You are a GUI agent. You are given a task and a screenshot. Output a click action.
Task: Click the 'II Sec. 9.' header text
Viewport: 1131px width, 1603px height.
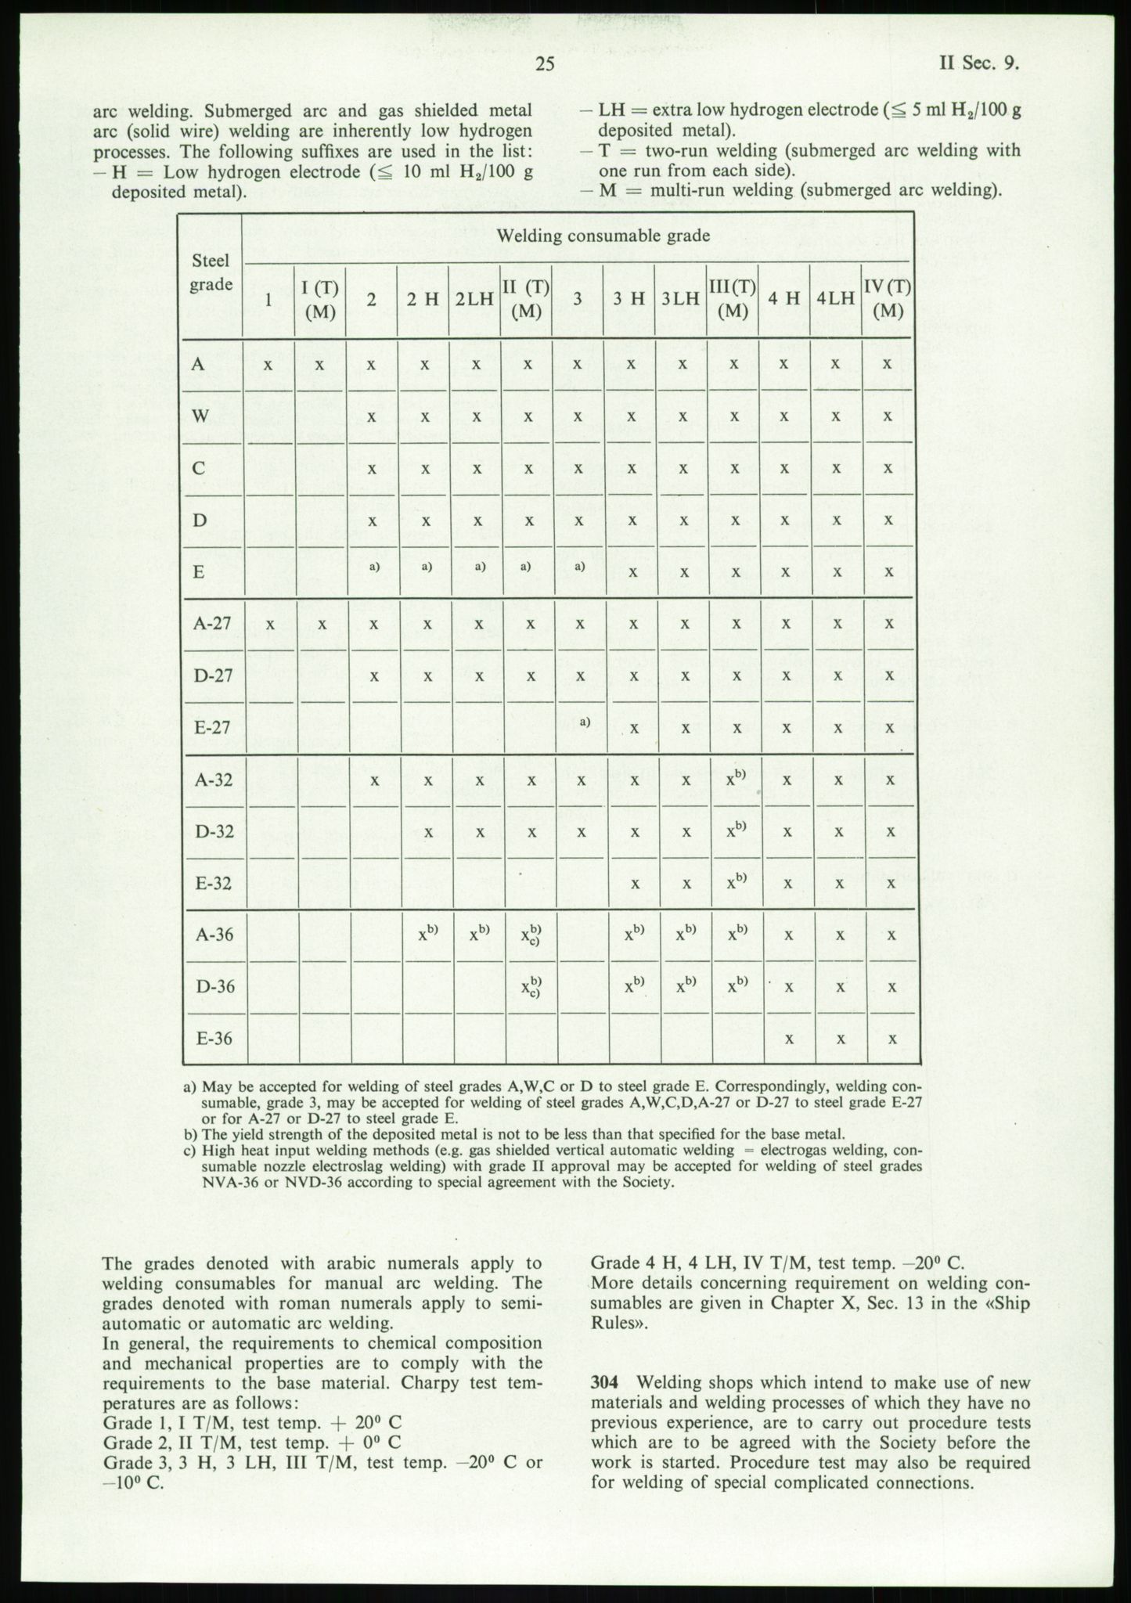point(978,64)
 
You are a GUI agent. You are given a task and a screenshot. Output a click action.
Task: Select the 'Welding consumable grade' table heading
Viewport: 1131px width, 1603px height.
point(603,236)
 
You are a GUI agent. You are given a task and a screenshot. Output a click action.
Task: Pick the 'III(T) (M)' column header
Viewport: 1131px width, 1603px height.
point(733,298)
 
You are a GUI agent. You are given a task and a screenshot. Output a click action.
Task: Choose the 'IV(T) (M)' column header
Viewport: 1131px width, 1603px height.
point(887,298)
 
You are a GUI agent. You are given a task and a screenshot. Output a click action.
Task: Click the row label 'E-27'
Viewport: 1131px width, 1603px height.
point(212,728)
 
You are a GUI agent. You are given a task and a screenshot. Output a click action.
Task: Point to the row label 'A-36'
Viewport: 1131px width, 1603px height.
point(214,935)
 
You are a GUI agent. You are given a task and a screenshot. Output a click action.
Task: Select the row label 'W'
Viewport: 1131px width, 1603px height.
point(200,416)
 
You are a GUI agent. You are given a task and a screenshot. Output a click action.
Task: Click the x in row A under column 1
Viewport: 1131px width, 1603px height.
point(268,365)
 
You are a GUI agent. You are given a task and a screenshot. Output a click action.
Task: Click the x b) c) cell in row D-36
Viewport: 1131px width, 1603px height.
point(531,986)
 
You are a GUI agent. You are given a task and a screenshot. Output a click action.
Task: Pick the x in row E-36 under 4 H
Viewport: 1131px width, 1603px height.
point(789,1039)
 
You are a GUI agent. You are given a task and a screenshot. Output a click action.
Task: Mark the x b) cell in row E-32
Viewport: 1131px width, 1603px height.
point(735,882)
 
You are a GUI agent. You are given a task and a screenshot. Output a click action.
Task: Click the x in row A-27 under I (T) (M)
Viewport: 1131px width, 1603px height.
point(319,625)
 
